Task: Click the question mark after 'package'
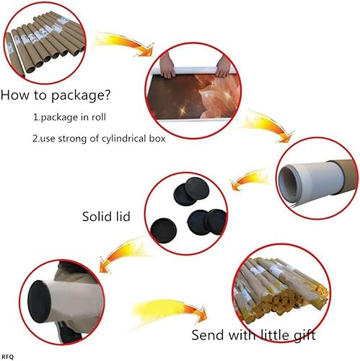pos(107,95)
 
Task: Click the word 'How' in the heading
pos(15,95)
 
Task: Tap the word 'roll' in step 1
pos(99,117)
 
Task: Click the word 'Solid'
pos(97,217)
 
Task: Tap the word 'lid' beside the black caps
pos(123,217)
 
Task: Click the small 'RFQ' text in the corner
pos(8,357)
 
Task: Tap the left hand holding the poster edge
pos(167,66)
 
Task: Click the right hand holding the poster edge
pos(224,66)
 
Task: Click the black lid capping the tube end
pos(40,302)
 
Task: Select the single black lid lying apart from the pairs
pos(163,230)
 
